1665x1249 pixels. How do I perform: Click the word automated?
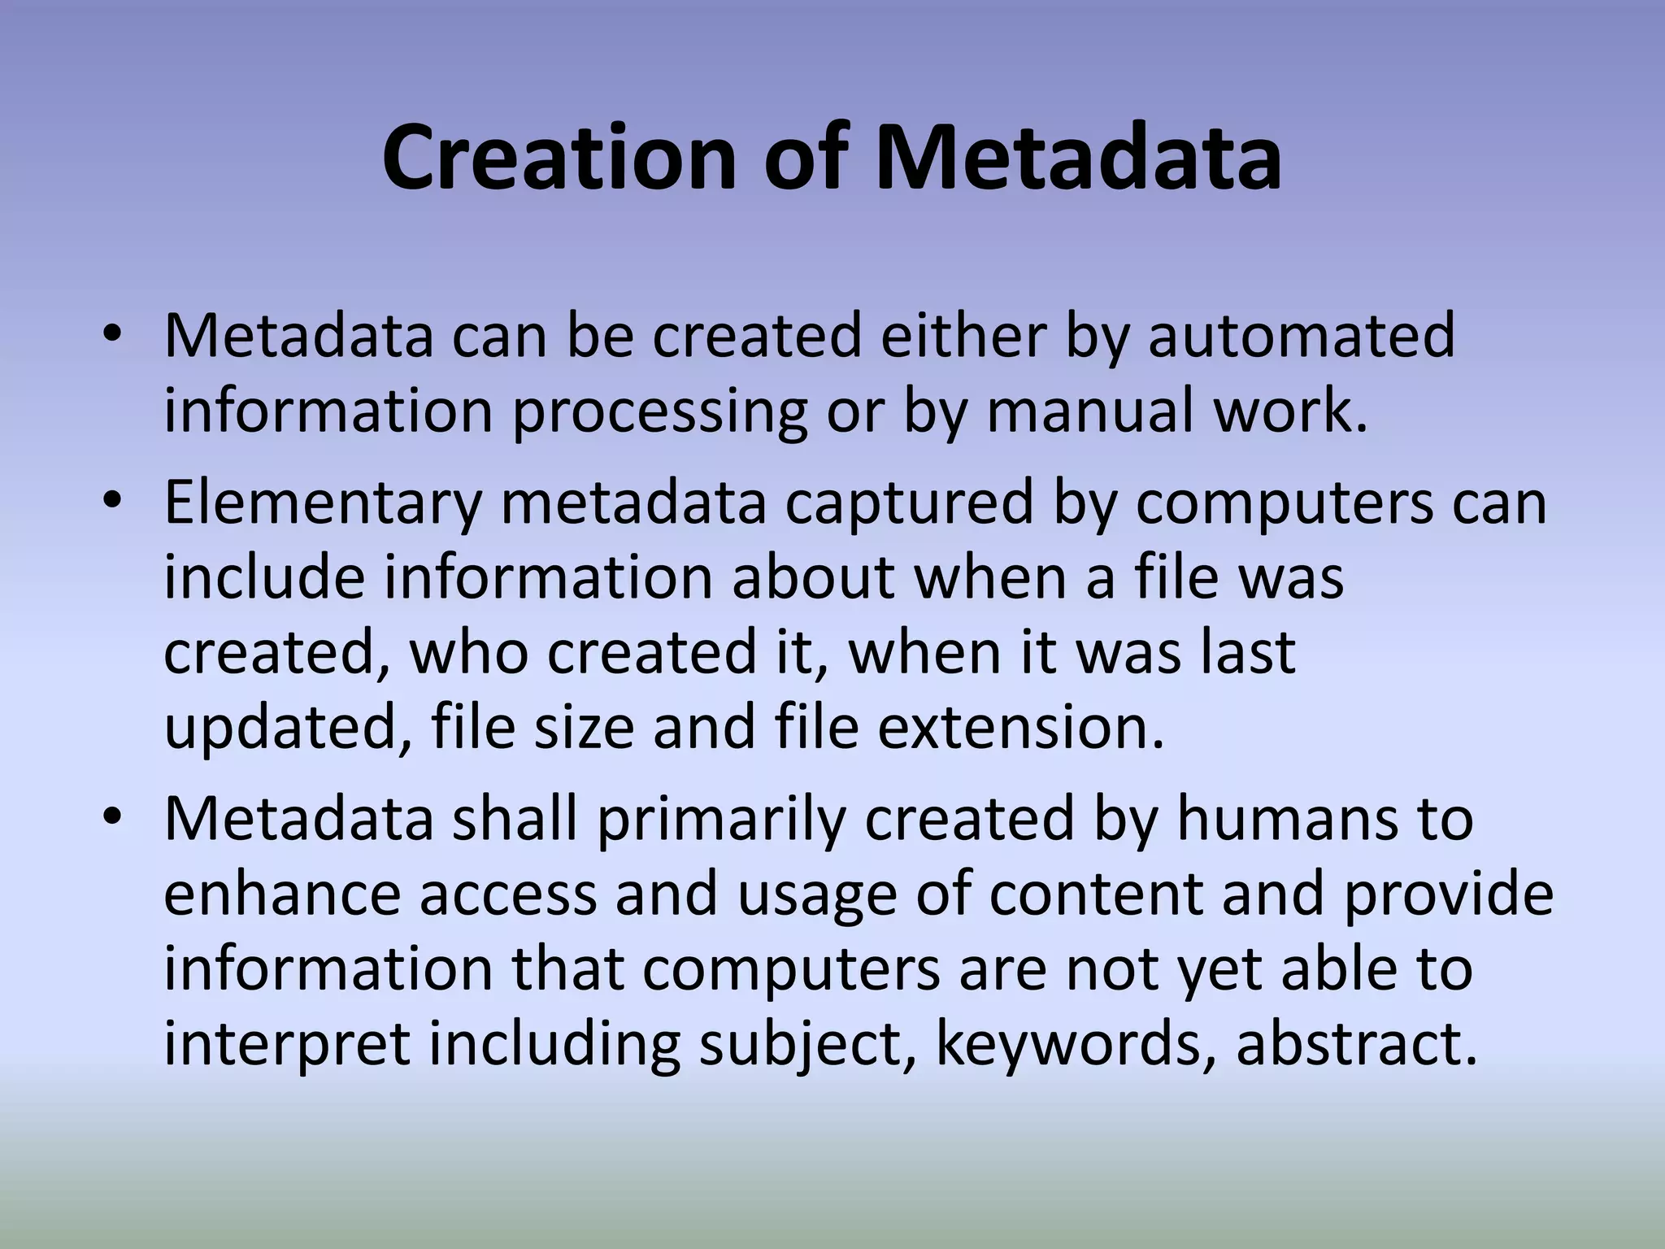click(x=1301, y=335)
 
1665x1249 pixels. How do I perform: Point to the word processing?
click(x=659, y=411)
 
